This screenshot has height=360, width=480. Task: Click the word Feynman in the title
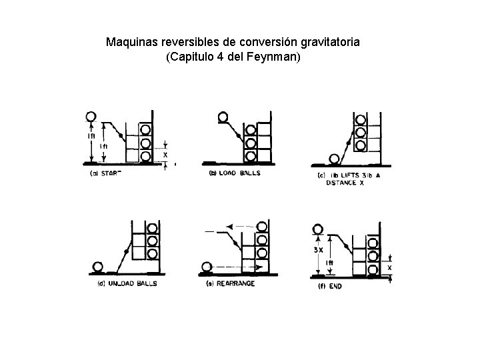point(275,57)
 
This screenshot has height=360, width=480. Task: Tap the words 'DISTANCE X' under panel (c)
point(345,183)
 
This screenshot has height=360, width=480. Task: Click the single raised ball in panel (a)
point(91,117)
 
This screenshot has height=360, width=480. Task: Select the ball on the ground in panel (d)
point(99,267)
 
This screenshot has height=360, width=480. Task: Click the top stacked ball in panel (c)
point(361,119)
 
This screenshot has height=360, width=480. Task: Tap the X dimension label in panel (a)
point(165,153)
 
